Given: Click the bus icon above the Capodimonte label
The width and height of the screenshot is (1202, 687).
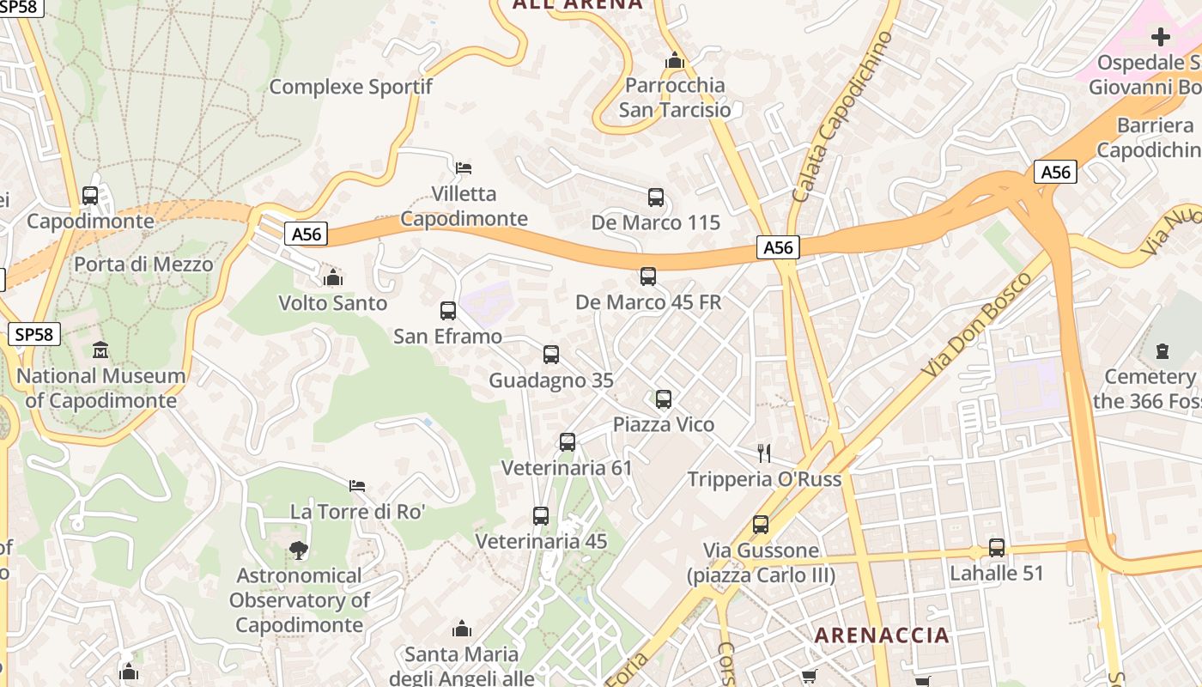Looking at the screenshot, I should [x=90, y=196].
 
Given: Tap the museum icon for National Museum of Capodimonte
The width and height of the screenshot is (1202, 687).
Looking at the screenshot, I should [x=100, y=350].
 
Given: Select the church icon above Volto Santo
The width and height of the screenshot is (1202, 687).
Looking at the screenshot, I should [x=333, y=277].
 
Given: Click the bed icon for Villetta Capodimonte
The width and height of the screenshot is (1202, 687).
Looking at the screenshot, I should [x=464, y=167].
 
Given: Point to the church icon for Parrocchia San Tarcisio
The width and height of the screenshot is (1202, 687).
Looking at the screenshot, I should [x=675, y=61].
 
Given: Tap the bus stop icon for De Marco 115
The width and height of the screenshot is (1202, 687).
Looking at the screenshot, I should [x=656, y=198].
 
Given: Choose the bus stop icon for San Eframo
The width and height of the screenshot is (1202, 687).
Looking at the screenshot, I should [x=448, y=311].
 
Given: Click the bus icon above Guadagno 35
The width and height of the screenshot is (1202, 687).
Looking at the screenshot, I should [x=551, y=355].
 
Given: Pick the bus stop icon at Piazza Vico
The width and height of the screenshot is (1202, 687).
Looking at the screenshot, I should [x=664, y=399].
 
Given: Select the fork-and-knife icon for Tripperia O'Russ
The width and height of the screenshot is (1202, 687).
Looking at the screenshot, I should [x=764, y=453].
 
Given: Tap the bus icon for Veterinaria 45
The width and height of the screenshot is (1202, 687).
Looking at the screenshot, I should [x=541, y=516].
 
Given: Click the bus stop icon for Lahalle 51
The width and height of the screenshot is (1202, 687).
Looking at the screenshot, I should [x=997, y=547].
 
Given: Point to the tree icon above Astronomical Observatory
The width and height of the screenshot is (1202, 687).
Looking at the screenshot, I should [x=299, y=550].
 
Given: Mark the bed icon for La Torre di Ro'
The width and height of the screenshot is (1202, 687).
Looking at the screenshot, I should [x=357, y=486].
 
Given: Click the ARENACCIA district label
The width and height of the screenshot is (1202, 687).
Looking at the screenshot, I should [x=882, y=635].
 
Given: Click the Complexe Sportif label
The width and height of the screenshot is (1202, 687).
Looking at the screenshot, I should [x=350, y=87].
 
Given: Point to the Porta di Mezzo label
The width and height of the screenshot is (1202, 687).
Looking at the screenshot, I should [x=143, y=264].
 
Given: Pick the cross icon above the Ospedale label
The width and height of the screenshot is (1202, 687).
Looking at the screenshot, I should [x=1161, y=37].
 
